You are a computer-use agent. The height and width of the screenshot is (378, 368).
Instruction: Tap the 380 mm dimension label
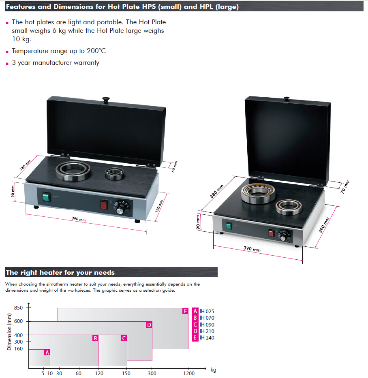point(217,192)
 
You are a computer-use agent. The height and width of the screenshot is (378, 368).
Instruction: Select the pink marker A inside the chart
point(47,352)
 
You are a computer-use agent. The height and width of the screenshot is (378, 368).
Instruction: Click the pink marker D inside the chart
point(149,325)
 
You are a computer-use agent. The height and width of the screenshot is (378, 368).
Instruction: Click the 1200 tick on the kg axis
point(188,373)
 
